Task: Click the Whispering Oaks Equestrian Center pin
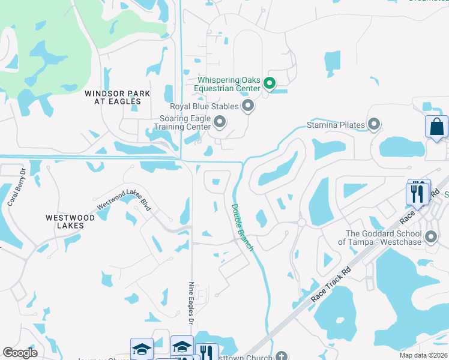pyautogui.click(x=270, y=83)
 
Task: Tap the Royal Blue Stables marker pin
pyautogui.click(x=247, y=107)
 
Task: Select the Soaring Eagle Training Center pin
pyautogui.click(x=220, y=122)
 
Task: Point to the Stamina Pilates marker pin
pyautogui.click(x=375, y=125)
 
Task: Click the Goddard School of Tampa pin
pyautogui.click(x=431, y=238)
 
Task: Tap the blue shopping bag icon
pyautogui.click(x=436, y=127)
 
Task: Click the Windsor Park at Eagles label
pyautogui.click(x=113, y=97)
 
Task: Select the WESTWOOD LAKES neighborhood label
pyautogui.click(x=70, y=221)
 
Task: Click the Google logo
pyautogui.click(x=20, y=353)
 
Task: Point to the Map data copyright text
pyautogui.click(x=424, y=355)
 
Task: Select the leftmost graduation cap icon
pyautogui.click(x=142, y=349)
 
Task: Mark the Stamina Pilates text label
pyautogui.click(x=336, y=125)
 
